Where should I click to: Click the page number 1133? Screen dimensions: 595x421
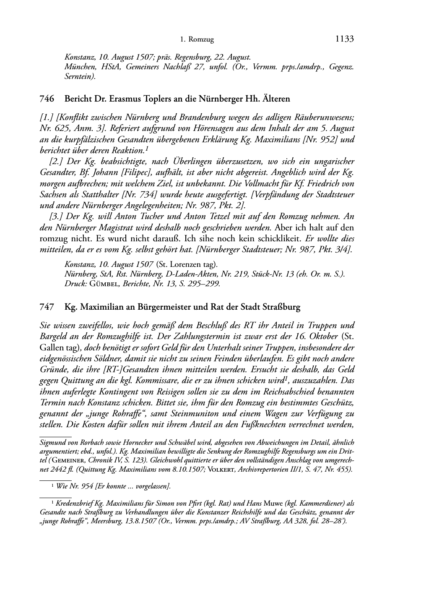click(345, 39)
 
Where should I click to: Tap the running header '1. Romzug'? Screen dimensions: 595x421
click(197, 40)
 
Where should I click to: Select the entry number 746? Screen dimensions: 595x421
click(47, 99)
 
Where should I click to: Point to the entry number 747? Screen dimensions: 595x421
click(47, 307)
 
